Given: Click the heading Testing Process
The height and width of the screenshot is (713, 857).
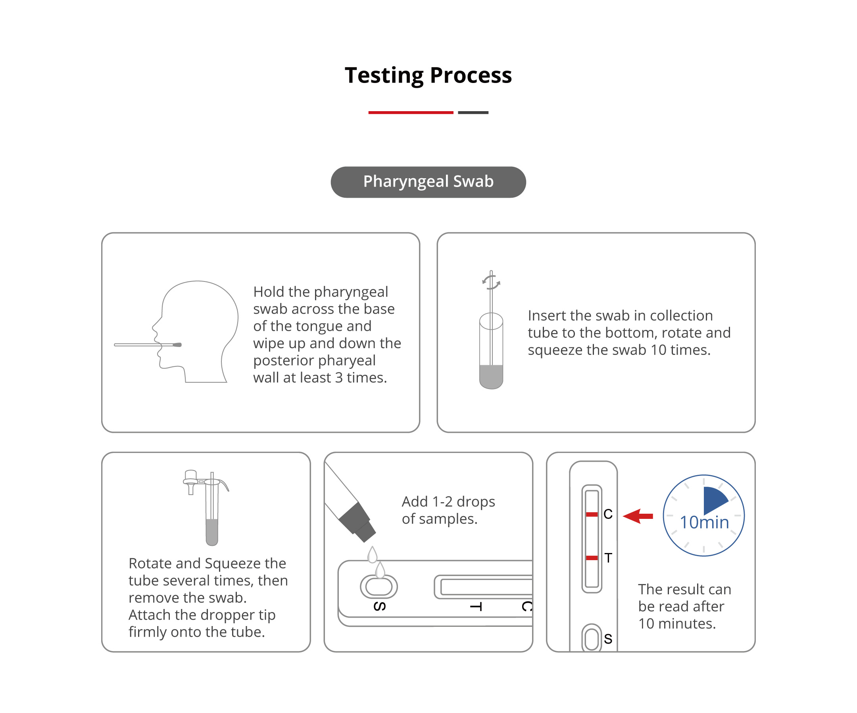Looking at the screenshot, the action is [x=428, y=75].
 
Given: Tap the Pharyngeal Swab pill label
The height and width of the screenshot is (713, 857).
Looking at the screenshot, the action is [x=428, y=182].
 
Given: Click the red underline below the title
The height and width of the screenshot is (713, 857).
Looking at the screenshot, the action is [x=411, y=112].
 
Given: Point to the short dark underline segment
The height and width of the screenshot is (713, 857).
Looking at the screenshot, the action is [x=473, y=112].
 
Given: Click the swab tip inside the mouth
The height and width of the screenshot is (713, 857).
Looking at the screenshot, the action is [x=177, y=345].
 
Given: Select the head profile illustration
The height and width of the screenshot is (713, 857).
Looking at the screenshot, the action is [x=195, y=331].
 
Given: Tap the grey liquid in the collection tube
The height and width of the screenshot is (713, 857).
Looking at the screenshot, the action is [x=491, y=376].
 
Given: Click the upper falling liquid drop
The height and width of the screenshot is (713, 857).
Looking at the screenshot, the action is [x=372, y=555].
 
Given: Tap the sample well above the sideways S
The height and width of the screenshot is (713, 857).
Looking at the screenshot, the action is [x=379, y=587].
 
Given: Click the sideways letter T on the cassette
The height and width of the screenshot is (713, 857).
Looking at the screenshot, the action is [x=476, y=607].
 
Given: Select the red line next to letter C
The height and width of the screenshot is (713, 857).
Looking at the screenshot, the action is [x=592, y=515].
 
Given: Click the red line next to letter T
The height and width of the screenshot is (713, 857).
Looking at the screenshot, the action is [x=592, y=558].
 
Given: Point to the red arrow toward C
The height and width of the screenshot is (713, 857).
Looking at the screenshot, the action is [x=638, y=516].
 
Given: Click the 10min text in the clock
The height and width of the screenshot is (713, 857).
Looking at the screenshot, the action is [x=704, y=522].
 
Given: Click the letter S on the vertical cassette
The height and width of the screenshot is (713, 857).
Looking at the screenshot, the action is [x=608, y=639].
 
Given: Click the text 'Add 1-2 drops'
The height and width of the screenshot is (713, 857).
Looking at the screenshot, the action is [x=448, y=502].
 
